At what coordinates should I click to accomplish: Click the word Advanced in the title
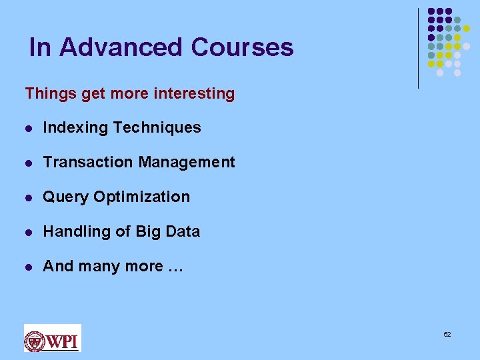(x=120, y=47)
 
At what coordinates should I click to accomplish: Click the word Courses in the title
(x=241, y=47)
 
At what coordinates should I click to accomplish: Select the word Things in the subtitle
(x=51, y=94)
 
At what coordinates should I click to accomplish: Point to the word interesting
(x=194, y=94)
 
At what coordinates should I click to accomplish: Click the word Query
(x=66, y=197)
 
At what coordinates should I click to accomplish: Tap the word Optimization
(x=141, y=197)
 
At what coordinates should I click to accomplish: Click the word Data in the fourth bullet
(x=183, y=232)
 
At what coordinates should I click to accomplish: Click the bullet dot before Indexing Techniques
(x=28, y=128)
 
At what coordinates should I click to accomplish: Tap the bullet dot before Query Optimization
(x=28, y=197)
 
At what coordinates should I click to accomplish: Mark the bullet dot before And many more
(x=28, y=267)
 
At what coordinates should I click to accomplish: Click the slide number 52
(x=447, y=334)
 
